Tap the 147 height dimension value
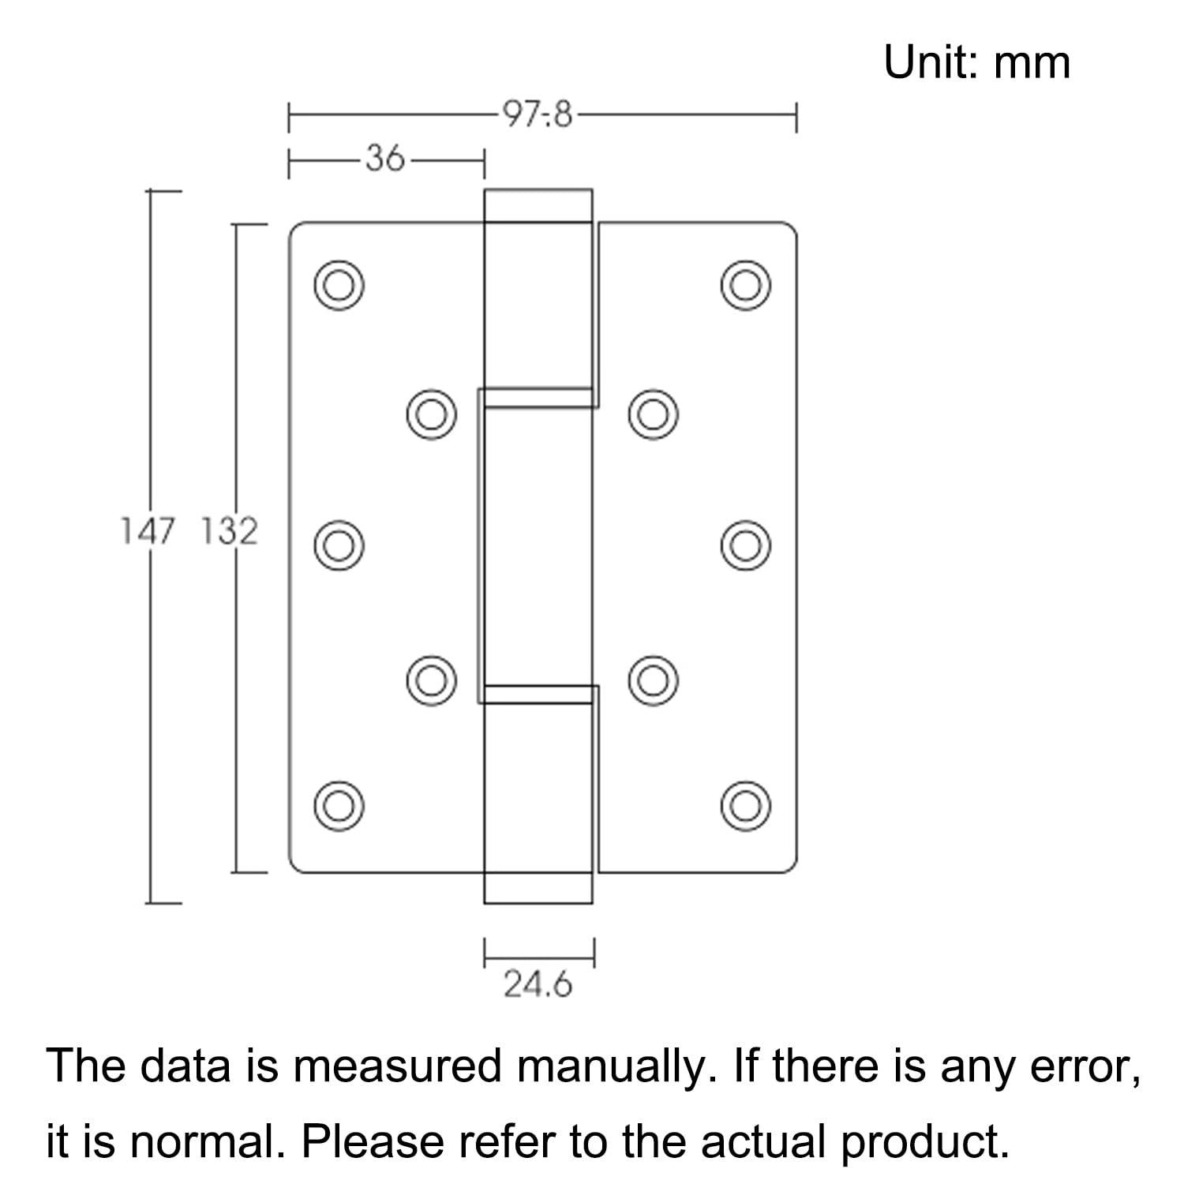point(146,531)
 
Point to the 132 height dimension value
point(229,531)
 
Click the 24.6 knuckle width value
point(538,984)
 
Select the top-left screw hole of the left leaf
point(339,284)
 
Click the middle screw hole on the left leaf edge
point(339,545)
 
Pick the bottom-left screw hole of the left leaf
point(339,805)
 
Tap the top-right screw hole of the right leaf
point(745,284)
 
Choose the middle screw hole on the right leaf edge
point(745,545)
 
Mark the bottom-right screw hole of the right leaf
point(745,805)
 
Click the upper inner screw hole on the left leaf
point(431,414)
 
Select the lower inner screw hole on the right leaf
point(654,680)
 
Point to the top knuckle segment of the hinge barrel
point(538,298)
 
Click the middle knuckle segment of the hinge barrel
point(537,545)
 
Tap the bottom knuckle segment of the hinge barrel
point(538,794)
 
